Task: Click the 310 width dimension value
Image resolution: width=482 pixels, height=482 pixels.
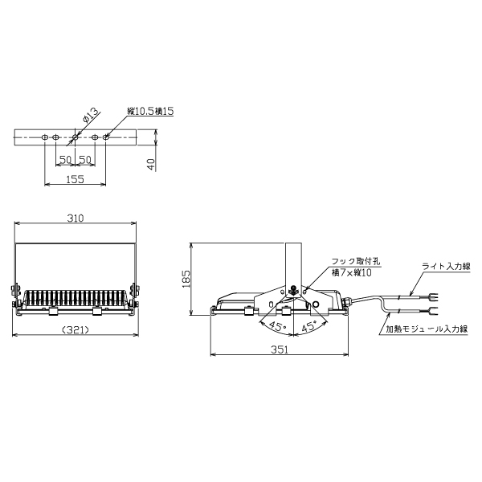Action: point(76,218)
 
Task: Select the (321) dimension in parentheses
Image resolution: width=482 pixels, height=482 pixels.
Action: point(76,330)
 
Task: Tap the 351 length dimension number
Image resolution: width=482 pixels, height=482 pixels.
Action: point(280,349)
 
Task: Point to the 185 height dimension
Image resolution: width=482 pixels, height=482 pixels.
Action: point(186,279)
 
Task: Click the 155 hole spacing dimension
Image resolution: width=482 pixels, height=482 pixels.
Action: point(76,179)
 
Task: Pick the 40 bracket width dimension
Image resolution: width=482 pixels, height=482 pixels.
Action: point(152,165)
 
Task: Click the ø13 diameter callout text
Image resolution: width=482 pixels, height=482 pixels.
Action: point(92,115)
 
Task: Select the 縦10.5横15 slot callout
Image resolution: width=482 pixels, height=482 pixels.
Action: point(151,111)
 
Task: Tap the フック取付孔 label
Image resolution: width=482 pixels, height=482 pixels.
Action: point(356,262)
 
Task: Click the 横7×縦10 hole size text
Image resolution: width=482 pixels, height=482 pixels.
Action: point(352,272)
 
